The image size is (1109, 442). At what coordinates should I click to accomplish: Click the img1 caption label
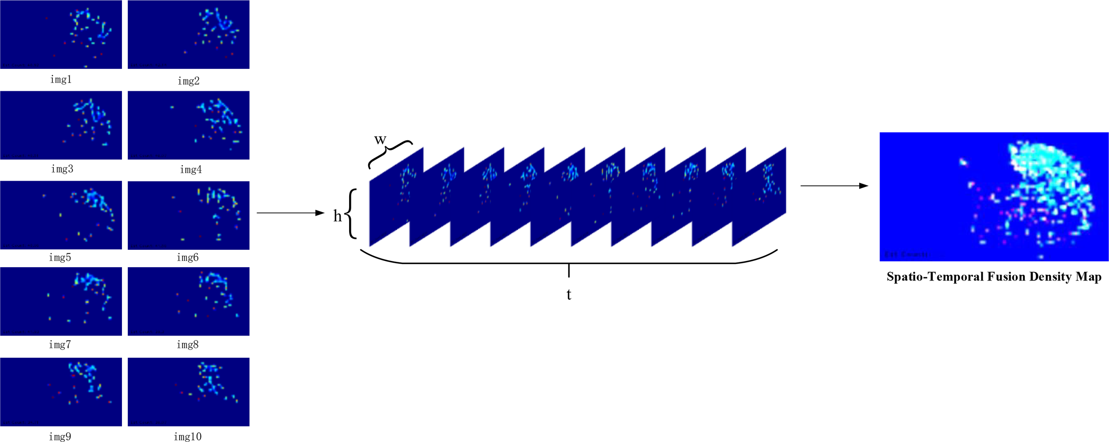[x=61, y=79]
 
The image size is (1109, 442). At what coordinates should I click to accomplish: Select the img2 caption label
[x=189, y=81]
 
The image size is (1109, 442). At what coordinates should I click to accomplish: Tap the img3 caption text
[x=62, y=169]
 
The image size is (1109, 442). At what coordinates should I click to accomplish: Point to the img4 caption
[x=191, y=170]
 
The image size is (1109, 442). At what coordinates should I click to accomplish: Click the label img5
[x=60, y=257]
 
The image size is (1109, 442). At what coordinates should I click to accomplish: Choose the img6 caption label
[x=188, y=257]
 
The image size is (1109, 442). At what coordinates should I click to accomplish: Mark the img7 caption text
[x=60, y=345]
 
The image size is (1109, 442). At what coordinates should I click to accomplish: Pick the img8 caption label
[x=188, y=345]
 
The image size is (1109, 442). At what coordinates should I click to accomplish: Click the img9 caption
[x=60, y=437]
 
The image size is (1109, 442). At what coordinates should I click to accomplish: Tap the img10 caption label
[x=188, y=437]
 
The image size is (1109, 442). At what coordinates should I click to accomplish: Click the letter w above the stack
[x=380, y=140]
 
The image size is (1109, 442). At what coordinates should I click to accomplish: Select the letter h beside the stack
[x=338, y=216]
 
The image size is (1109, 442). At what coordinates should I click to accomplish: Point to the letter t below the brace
[x=569, y=294]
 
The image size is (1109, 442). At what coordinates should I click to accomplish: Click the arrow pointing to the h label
[x=291, y=213]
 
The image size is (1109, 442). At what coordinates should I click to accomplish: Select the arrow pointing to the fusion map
[x=834, y=185]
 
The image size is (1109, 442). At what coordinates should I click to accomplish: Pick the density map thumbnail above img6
[x=189, y=215]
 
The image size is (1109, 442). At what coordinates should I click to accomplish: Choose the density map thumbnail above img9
[x=61, y=392]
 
